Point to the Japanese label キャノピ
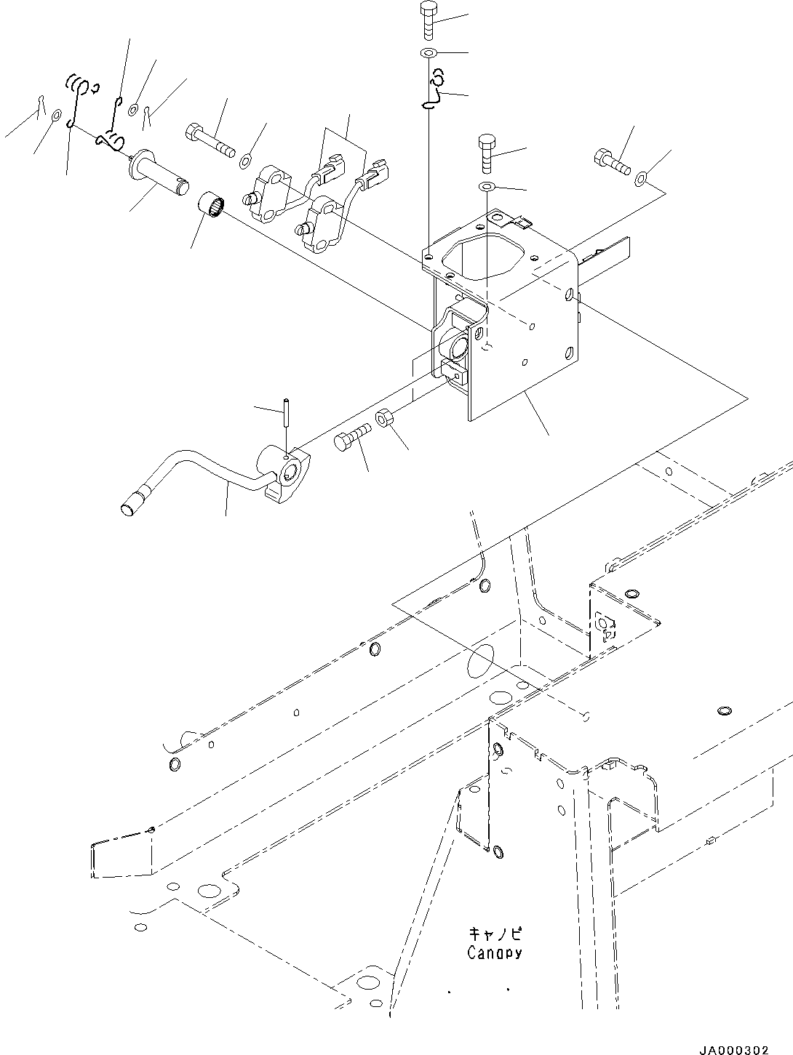point(495,933)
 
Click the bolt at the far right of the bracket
point(611,161)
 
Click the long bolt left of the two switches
point(211,142)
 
